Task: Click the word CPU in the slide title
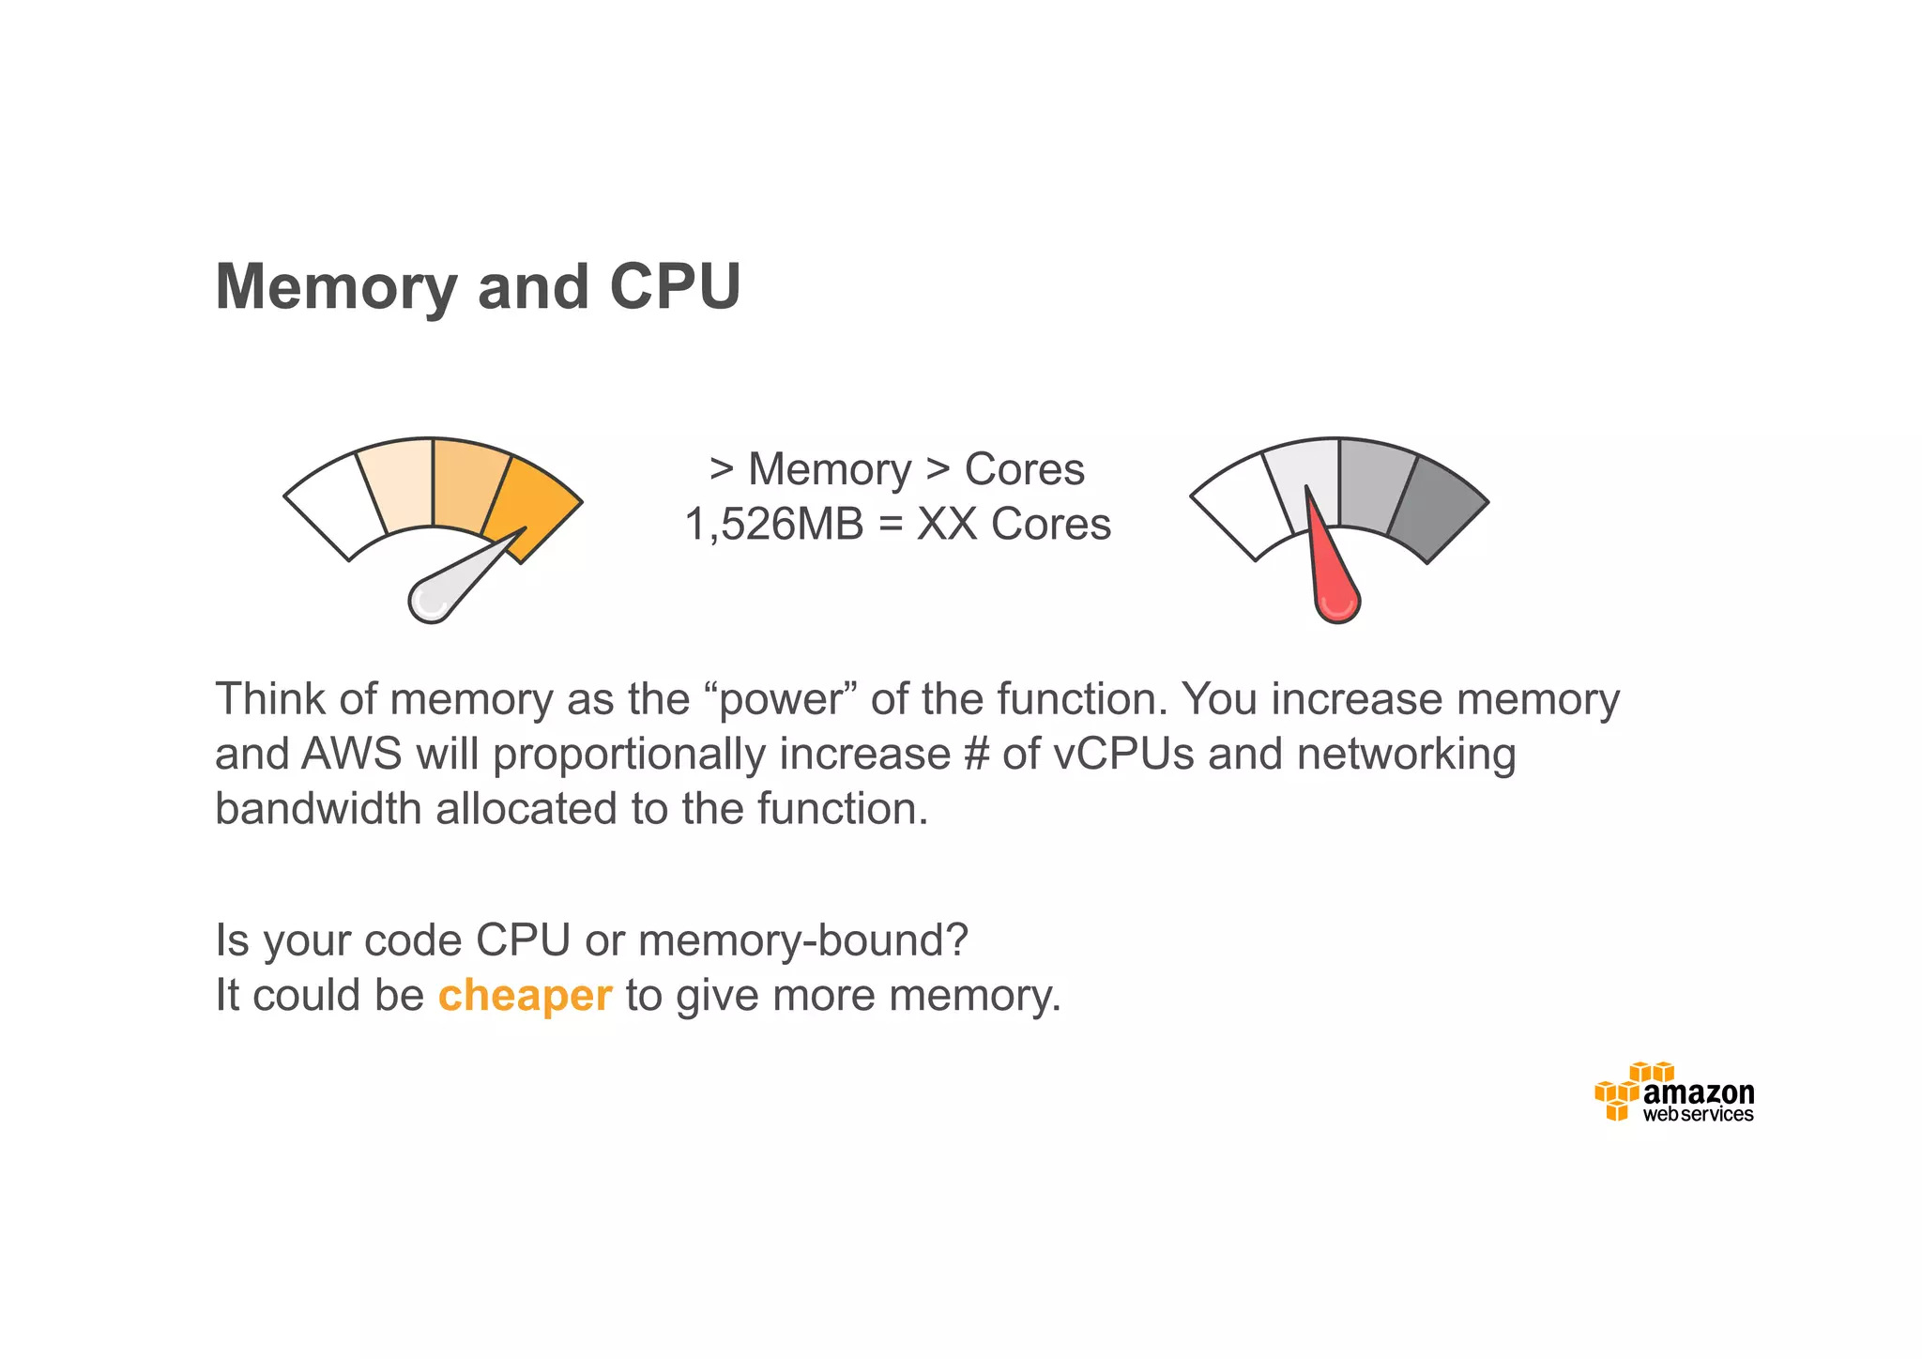click(675, 286)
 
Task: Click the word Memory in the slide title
click(336, 288)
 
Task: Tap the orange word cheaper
click(525, 995)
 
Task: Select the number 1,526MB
click(773, 524)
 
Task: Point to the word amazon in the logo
click(1699, 1093)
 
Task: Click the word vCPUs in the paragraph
click(1123, 755)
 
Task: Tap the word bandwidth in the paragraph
click(317, 809)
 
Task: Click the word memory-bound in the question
click(802, 940)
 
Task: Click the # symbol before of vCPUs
click(976, 755)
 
